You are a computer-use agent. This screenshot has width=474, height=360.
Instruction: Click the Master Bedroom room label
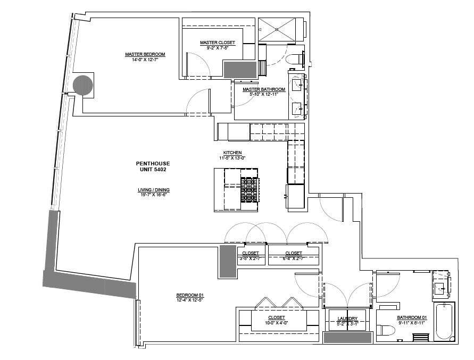[x=145, y=54]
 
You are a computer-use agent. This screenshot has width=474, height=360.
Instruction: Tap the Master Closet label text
[x=217, y=43]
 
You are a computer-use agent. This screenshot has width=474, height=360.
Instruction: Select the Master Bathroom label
[x=264, y=89]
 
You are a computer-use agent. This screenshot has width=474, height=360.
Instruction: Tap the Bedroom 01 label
[x=190, y=296]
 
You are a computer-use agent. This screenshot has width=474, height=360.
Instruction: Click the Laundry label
[x=347, y=319]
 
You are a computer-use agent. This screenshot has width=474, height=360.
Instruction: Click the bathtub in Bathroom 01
[x=444, y=321]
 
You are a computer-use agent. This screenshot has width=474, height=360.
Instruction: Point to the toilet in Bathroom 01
[x=386, y=331]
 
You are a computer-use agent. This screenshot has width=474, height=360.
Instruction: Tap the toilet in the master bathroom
[x=294, y=57]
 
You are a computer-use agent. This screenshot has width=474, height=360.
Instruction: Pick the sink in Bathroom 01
[x=441, y=288]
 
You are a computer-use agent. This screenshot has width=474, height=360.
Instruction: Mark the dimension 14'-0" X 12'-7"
[x=145, y=60]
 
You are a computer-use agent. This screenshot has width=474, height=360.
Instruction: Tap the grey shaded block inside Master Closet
[x=240, y=69]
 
